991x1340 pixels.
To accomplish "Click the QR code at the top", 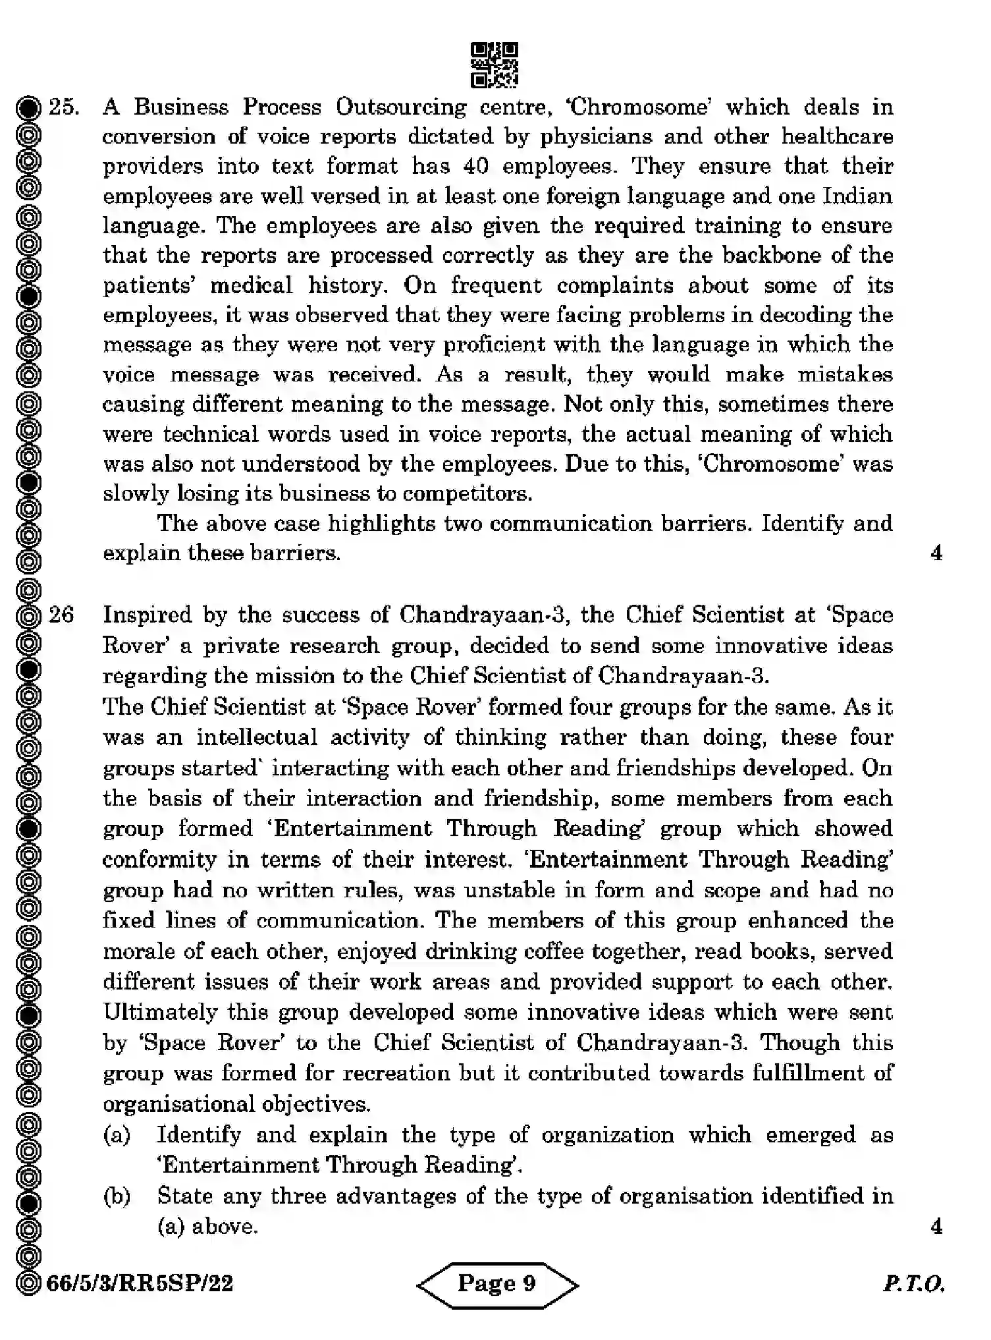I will click(x=495, y=65).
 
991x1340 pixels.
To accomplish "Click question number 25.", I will click(x=64, y=107).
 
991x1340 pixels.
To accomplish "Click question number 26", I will click(x=61, y=615).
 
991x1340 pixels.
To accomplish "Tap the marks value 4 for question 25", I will click(x=936, y=553).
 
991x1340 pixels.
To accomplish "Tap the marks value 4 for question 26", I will click(x=936, y=1226).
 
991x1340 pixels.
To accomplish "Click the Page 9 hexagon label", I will click(x=497, y=1283).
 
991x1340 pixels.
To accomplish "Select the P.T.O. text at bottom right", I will click(x=914, y=1283).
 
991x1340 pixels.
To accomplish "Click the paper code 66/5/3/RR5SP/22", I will click(x=140, y=1283).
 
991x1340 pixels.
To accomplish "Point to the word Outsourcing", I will click(x=400, y=107).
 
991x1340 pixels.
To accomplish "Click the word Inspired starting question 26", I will click(x=147, y=615).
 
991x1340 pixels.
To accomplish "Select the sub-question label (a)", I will click(x=117, y=1134).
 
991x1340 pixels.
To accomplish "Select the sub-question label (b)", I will click(x=117, y=1196).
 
